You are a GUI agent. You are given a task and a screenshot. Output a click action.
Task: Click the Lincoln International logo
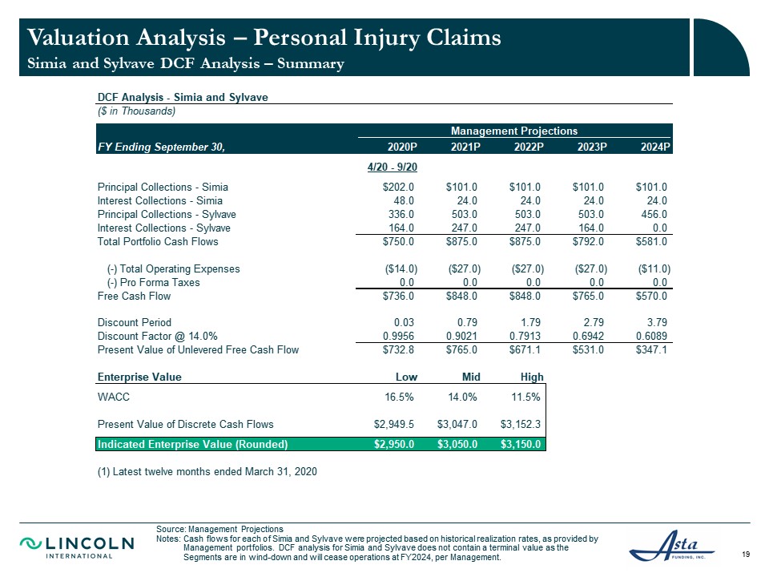(77, 547)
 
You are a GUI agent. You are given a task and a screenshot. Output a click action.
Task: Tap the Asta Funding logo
(672, 545)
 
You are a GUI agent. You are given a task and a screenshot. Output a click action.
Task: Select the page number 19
(746, 555)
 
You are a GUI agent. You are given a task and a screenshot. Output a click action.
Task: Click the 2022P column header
(529, 147)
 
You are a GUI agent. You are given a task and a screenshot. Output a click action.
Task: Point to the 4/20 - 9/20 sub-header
(393, 167)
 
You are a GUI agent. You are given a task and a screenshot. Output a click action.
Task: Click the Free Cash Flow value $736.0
(398, 296)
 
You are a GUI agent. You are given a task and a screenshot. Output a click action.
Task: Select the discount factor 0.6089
(651, 336)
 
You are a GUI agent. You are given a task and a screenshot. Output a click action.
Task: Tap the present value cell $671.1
(525, 350)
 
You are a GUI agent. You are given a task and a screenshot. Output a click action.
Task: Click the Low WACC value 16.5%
(399, 397)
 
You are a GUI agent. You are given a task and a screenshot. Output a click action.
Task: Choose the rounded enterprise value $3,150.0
(521, 444)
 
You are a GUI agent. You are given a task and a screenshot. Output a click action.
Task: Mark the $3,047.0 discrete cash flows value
(457, 424)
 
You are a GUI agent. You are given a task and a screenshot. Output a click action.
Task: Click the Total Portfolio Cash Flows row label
(158, 241)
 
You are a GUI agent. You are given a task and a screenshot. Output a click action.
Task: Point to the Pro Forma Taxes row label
(154, 283)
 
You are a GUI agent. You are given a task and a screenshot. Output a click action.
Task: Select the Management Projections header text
(514, 131)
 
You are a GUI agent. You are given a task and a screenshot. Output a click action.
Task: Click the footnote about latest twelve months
(207, 471)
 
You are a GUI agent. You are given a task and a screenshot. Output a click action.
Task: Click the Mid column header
(471, 377)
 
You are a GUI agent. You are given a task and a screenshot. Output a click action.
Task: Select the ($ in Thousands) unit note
(136, 111)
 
